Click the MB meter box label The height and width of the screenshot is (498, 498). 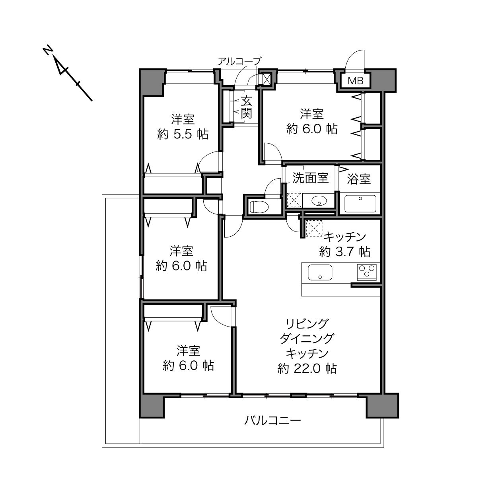click(356, 81)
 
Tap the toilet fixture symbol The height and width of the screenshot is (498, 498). click(259, 207)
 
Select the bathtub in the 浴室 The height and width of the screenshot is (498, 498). click(360, 204)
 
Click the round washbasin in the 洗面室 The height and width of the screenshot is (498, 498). click(319, 200)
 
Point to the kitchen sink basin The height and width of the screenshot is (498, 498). click(320, 272)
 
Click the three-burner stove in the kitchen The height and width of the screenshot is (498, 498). click(367, 272)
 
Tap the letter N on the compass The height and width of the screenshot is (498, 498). click(48, 51)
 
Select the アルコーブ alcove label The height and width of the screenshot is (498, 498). click(239, 62)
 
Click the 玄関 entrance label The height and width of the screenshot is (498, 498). click(246, 107)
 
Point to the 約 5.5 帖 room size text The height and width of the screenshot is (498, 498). click(183, 134)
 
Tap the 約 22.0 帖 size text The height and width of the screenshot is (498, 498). click(307, 368)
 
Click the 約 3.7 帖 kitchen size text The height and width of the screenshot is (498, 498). click(345, 251)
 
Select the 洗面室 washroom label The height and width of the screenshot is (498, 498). click(310, 178)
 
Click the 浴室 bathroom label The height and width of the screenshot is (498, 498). click(359, 179)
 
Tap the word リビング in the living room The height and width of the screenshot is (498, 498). click(307, 324)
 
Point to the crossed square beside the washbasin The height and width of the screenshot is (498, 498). click(294, 200)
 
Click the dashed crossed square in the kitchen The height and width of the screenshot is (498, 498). click(314, 228)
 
